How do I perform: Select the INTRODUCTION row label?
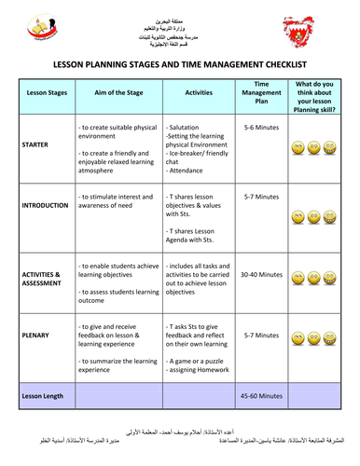pyautogui.click(x=43, y=205)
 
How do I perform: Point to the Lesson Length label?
pyautogui.click(x=43, y=396)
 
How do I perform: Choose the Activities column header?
pyautogui.click(x=197, y=94)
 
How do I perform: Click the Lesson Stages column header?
pyautogui.click(x=42, y=94)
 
